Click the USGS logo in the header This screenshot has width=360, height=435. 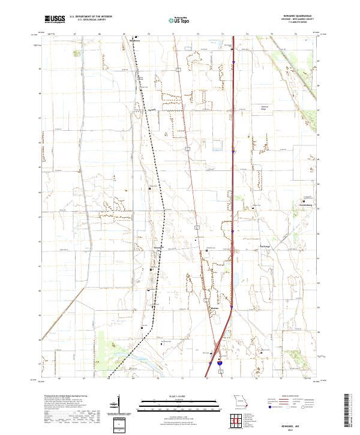point(55,20)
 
